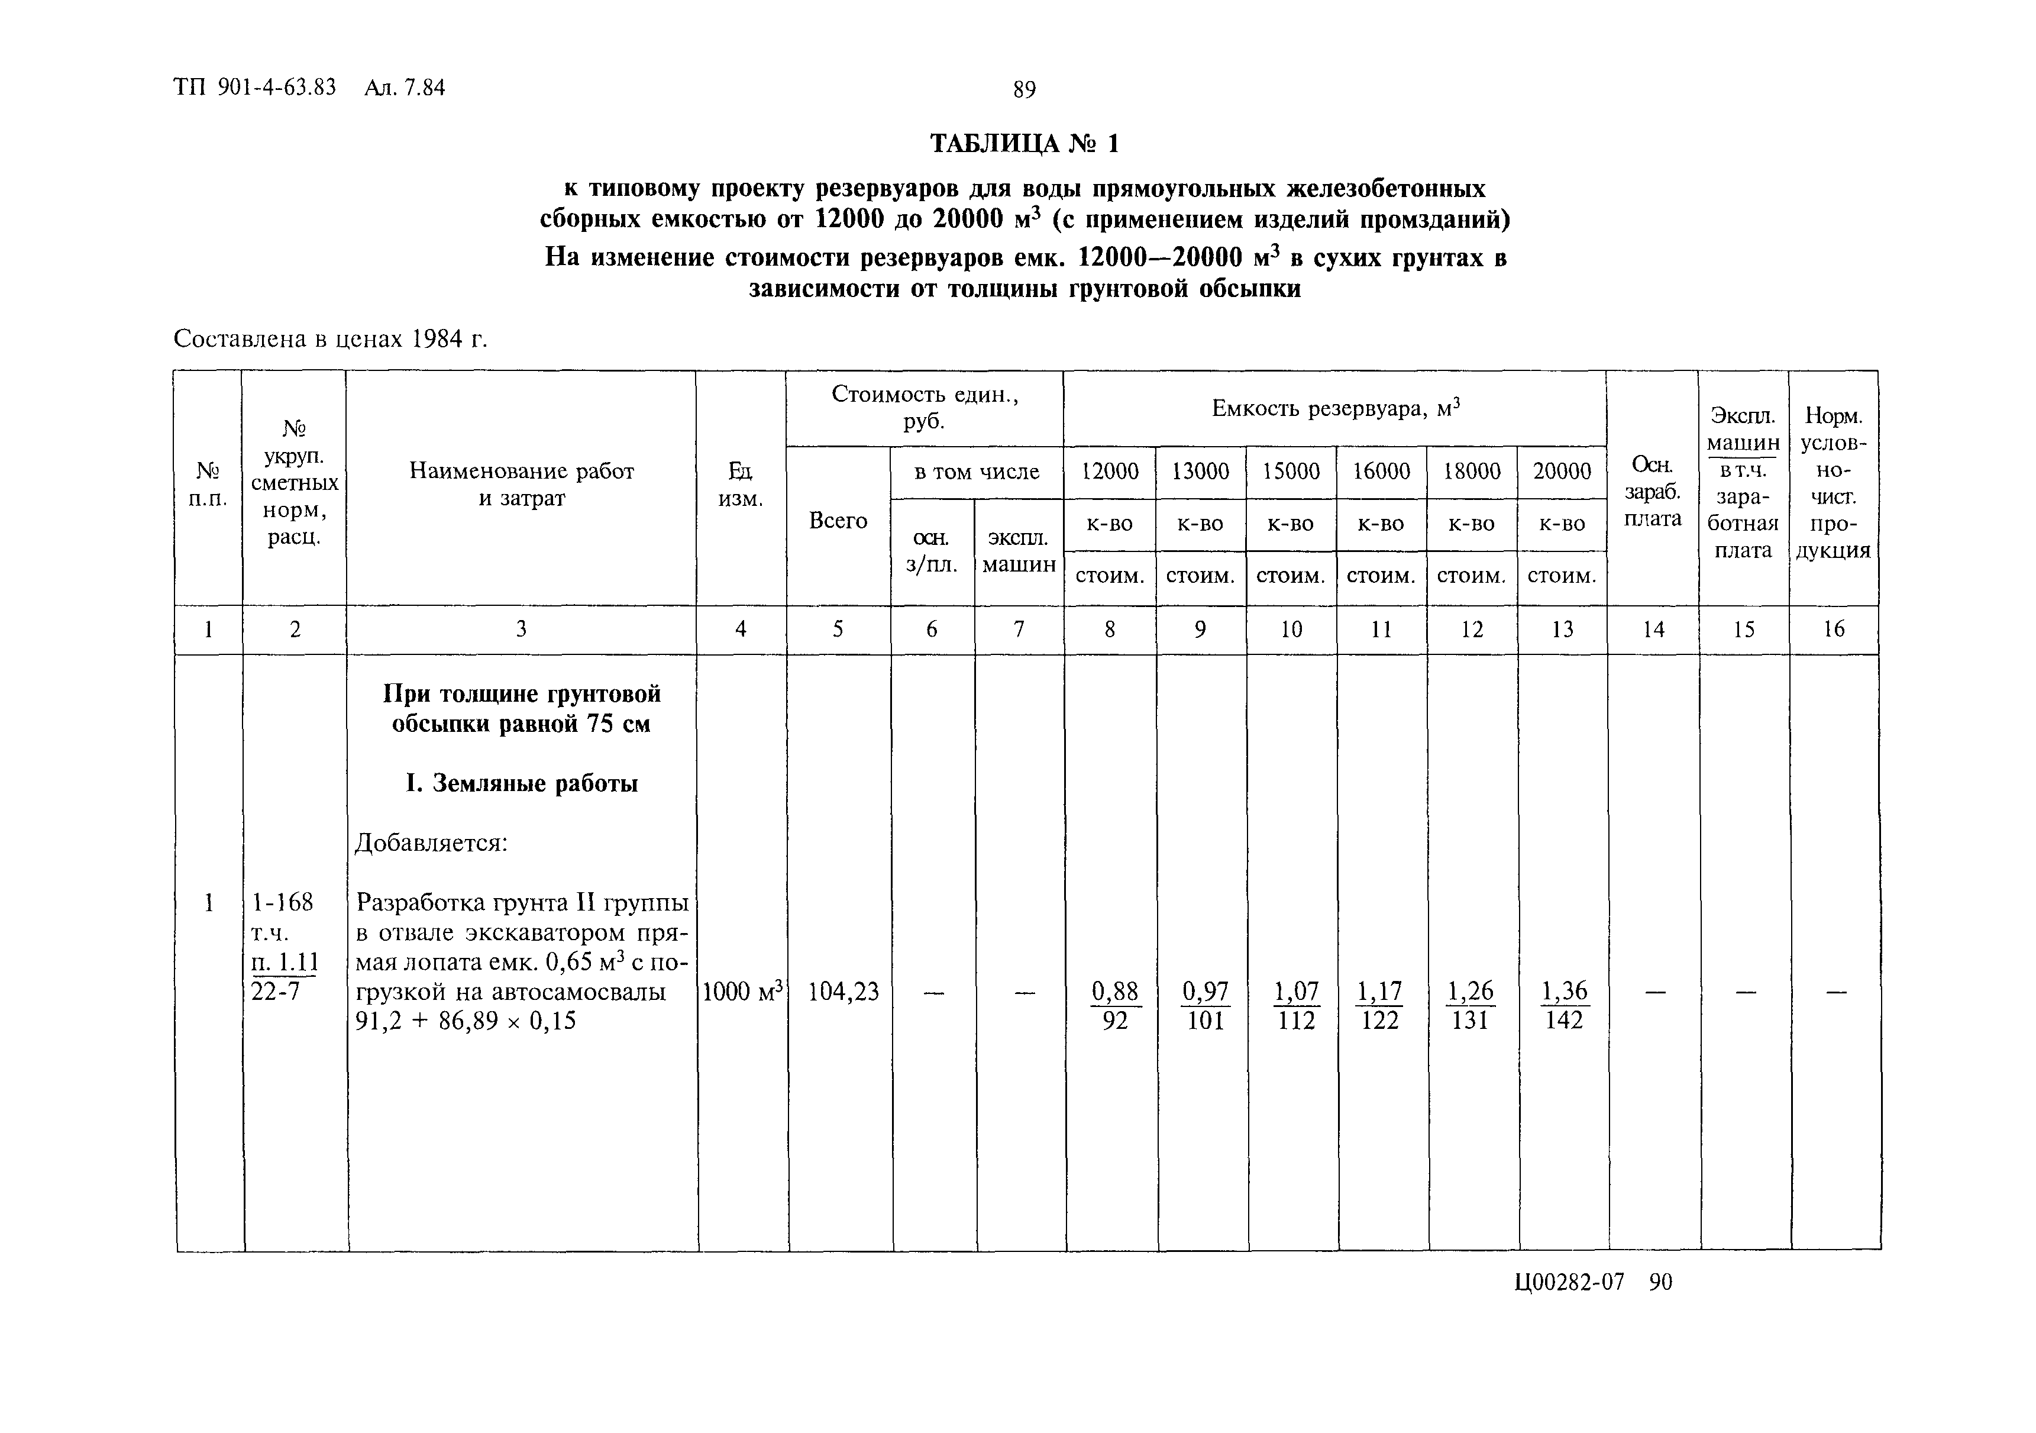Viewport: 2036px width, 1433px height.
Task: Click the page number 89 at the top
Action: tap(1023, 89)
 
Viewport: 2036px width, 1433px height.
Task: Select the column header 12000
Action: tap(1109, 472)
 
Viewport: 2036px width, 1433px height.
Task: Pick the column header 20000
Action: tap(1562, 472)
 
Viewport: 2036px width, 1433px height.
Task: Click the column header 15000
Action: tap(1291, 472)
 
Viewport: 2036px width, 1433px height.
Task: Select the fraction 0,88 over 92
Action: tap(1114, 1006)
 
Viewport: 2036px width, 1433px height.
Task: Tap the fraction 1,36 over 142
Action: tap(1563, 1006)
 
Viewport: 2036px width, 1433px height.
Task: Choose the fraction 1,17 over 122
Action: tap(1380, 1006)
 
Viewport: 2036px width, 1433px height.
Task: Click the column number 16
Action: tap(1833, 630)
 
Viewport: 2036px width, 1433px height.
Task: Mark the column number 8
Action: tap(1109, 630)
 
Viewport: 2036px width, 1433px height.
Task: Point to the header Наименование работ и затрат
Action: tap(521, 484)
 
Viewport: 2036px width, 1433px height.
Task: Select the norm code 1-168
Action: tap(282, 903)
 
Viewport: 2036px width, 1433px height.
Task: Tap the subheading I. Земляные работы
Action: tap(521, 784)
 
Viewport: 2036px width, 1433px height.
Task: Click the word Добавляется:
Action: tap(431, 843)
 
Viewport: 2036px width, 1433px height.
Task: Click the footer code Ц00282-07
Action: tap(1569, 1282)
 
